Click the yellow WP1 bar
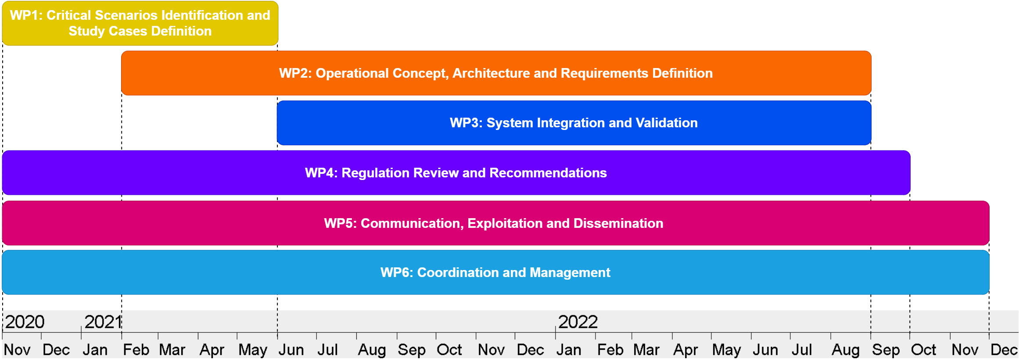(x=140, y=23)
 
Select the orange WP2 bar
(x=496, y=73)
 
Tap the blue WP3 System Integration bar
(x=574, y=123)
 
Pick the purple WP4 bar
(x=456, y=173)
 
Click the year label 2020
(x=25, y=322)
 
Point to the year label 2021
(x=103, y=322)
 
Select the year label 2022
(x=578, y=322)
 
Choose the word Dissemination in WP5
(x=618, y=223)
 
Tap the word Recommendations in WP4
(x=548, y=173)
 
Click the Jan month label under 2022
(x=569, y=350)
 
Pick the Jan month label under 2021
(x=95, y=350)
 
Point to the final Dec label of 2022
(x=1004, y=350)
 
